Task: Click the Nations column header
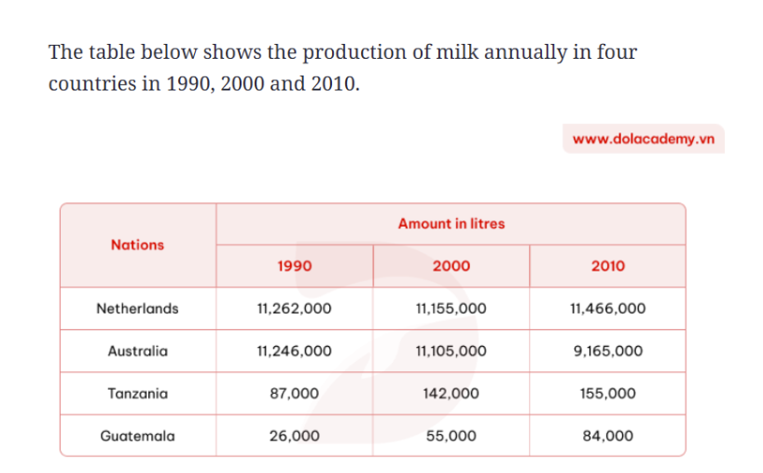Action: (x=137, y=244)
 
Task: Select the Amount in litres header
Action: (x=451, y=224)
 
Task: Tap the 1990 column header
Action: (x=295, y=266)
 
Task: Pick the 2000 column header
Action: (x=451, y=266)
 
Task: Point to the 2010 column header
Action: (x=608, y=266)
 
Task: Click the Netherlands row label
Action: (x=137, y=309)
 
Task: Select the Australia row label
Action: (x=137, y=351)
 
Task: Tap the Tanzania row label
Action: (x=137, y=393)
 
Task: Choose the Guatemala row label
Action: (x=137, y=436)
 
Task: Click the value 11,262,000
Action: (x=295, y=309)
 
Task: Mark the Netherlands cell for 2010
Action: (x=608, y=309)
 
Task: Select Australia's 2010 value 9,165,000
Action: (x=608, y=351)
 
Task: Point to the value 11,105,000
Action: (x=451, y=351)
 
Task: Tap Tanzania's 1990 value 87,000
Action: (x=295, y=393)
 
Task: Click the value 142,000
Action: (x=451, y=393)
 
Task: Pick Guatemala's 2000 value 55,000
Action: (x=451, y=436)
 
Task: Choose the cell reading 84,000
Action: (x=608, y=436)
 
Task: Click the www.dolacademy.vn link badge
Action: (x=644, y=139)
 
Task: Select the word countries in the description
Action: (x=92, y=84)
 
